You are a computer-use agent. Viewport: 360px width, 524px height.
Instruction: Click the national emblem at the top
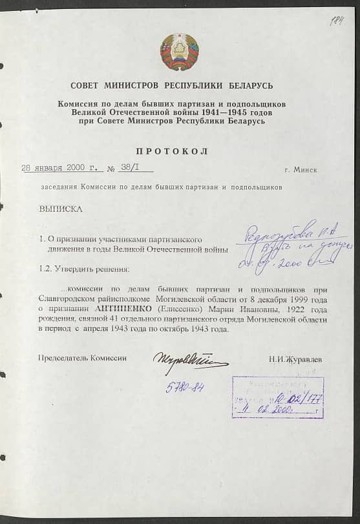[180, 52]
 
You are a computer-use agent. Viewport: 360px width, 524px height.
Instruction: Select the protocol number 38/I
[129, 169]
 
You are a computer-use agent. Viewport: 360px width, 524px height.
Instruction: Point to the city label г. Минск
[301, 169]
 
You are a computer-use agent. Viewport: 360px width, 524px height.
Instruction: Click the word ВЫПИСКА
[61, 209]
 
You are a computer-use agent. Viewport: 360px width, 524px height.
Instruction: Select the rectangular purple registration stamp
[277, 396]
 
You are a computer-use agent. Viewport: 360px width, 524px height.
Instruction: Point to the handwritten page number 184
[336, 21]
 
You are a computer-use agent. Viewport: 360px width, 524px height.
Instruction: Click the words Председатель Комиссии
[83, 358]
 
